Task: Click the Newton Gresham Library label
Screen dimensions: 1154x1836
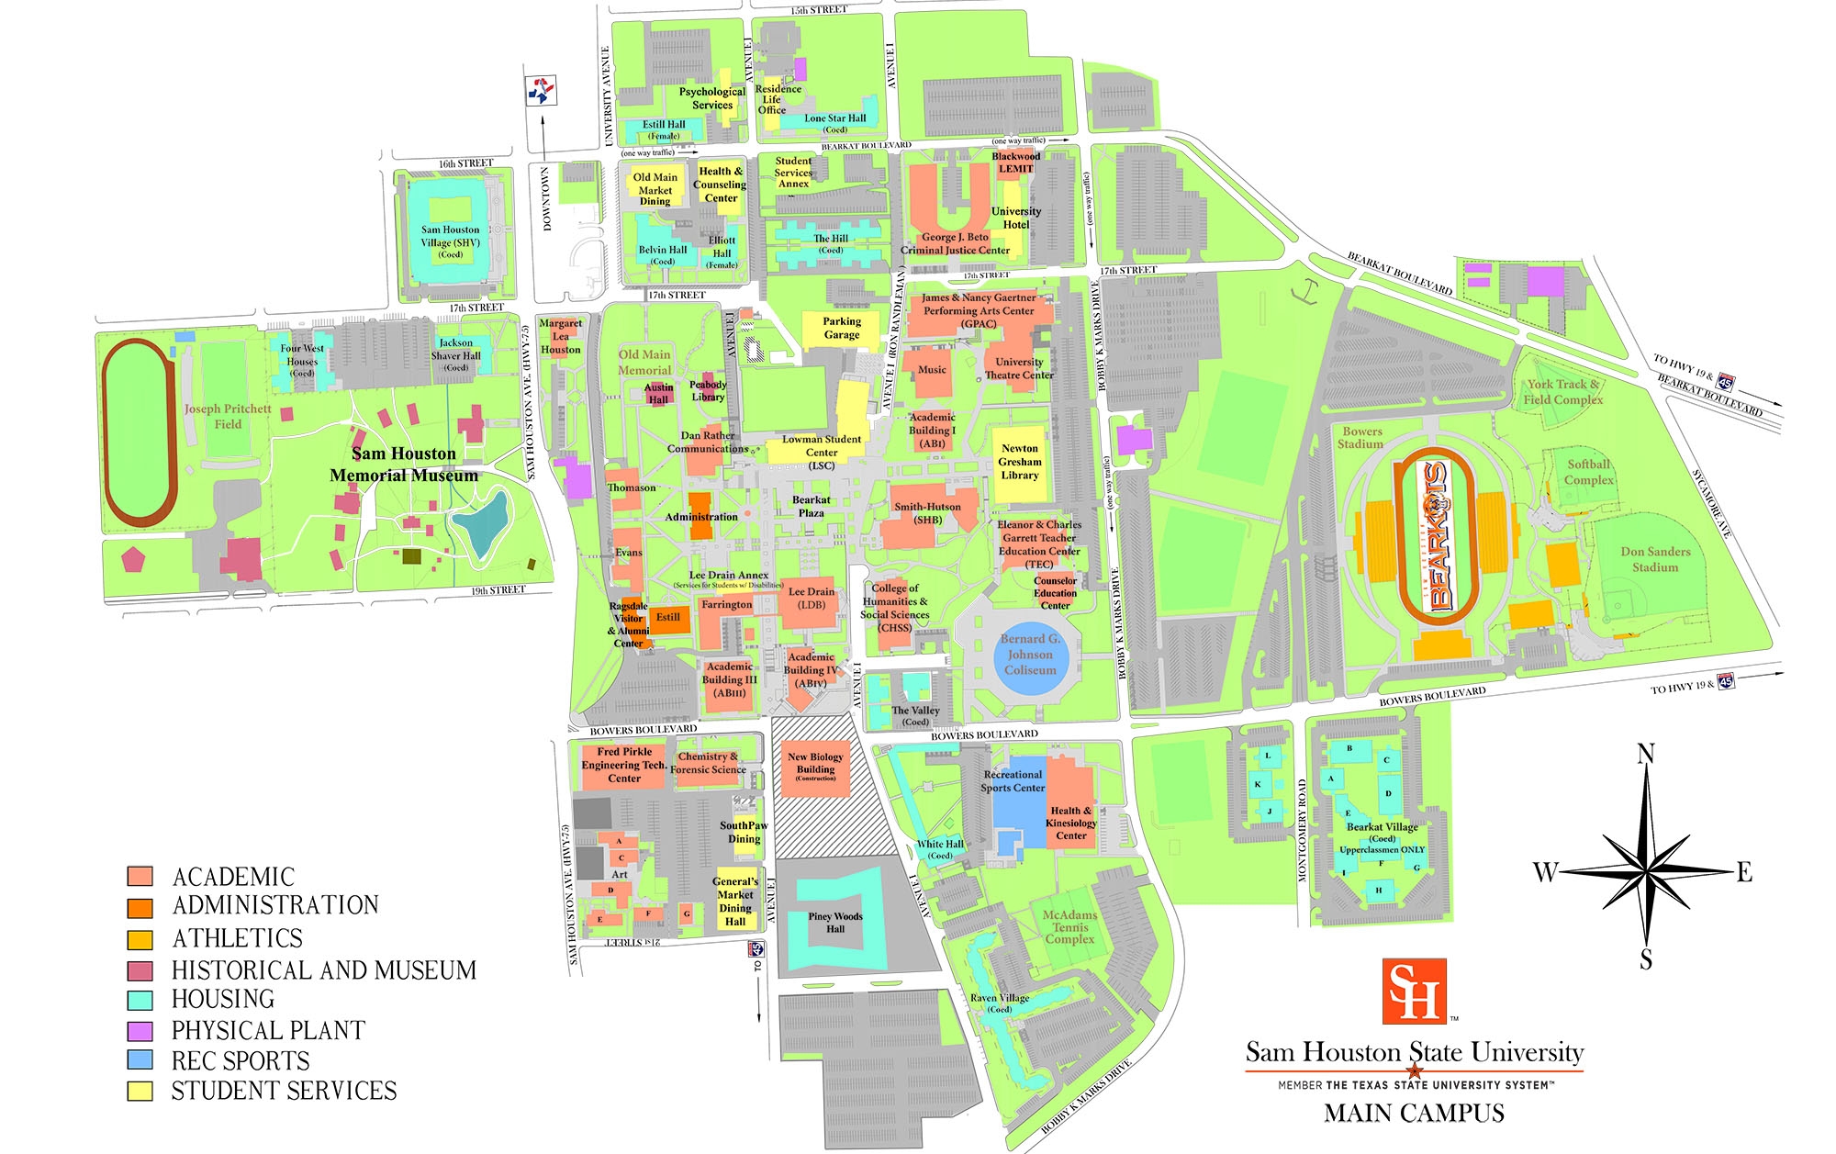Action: pos(1020,462)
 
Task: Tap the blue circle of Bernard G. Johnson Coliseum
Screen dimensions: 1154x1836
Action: pos(1029,655)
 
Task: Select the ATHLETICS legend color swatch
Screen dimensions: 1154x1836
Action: pos(140,939)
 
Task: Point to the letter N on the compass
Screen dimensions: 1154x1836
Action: pos(1646,754)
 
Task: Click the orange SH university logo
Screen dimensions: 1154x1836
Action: pos(1414,991)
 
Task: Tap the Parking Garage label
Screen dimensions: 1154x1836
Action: pos(842,328)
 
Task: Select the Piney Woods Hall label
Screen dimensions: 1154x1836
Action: pos(835,922)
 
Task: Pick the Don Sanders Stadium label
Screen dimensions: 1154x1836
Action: pos(1655,559)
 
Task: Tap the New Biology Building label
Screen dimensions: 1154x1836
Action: pos(816,764)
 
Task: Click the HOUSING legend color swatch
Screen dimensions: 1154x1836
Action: pos(140,1000)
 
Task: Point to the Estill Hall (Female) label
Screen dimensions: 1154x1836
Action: pos(664,129)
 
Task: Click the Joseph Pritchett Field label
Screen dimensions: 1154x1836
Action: pos(228,416)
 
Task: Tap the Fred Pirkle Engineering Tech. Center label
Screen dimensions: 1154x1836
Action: pos(624,765)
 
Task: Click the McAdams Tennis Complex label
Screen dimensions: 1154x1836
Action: pos(1069,926)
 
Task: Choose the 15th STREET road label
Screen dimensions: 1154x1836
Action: pos(819,10)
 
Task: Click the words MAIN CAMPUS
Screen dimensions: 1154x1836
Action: pos(1414,1114)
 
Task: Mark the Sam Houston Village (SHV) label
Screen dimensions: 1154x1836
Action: pos(450,241)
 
